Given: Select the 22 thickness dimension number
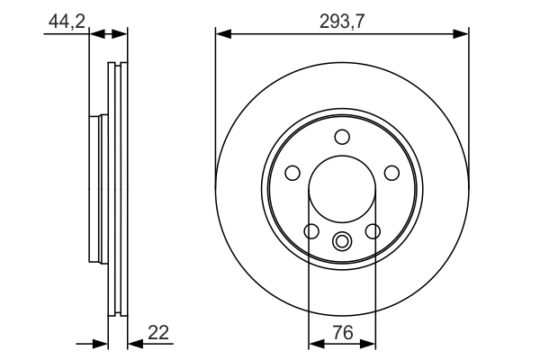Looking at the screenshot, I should click(158, 332).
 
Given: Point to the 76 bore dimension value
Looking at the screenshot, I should click(342, 332).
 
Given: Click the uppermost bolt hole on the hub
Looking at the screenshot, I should click(342, 137).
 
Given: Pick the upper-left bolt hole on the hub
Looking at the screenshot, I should click(292, 173).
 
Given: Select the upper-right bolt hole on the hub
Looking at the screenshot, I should click(392, 173).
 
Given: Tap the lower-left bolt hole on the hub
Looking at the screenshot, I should click(311, 232).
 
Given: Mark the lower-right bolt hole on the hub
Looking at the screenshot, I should click(373, 232).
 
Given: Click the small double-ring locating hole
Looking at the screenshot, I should click(342, 241).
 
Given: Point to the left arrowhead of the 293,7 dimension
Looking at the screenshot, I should click(221, 35).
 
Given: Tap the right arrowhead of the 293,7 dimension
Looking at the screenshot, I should click(463, 35).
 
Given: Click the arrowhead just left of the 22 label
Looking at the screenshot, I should click(134, 343).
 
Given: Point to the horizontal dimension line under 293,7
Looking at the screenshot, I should click(342, 35).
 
